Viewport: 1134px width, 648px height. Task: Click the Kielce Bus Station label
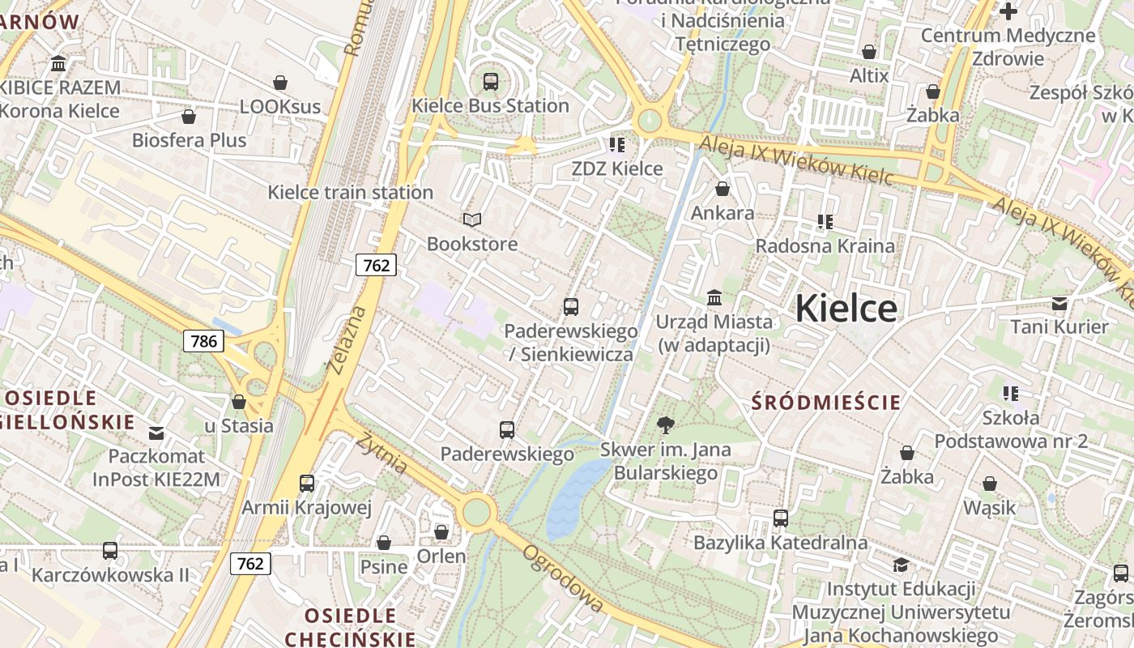490,106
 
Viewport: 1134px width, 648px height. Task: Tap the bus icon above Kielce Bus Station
490,81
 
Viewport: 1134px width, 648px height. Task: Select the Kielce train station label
350,193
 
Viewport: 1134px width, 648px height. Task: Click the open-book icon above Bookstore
471,220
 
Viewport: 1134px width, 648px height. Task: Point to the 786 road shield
203,341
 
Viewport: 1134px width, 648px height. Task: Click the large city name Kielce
846,309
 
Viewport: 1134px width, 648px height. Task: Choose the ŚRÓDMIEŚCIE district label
826,403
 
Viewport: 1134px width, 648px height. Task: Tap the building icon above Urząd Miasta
714,297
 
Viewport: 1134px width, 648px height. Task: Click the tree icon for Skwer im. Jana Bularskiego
666,424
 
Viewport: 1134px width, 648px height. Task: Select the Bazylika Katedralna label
780,543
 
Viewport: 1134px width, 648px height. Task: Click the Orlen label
441,556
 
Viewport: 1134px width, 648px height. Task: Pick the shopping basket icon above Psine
383,542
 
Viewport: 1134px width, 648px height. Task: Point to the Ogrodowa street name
563,578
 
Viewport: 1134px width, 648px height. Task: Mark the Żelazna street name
347,340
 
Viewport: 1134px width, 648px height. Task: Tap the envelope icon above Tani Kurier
1059,304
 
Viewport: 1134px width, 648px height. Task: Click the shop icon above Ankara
722,189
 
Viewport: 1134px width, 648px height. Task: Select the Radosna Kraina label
825,246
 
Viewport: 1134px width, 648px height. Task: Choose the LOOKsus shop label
280,107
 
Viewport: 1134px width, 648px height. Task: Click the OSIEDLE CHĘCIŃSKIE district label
350,628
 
